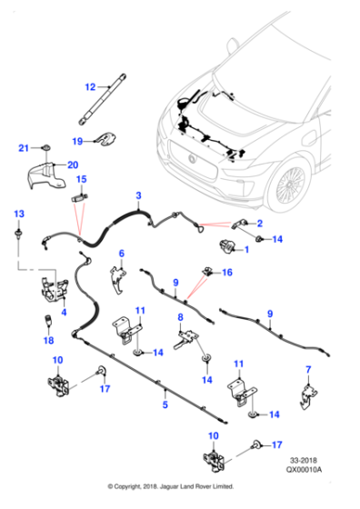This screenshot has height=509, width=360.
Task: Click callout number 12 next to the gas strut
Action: [90, 87]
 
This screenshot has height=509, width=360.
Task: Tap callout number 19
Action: [78, 141]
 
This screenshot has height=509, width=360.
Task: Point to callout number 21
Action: [24, 146]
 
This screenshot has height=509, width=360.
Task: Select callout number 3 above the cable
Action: [138, 195]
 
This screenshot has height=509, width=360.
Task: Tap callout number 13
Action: [16, 212]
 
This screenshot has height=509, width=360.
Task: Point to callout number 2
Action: [260, 224]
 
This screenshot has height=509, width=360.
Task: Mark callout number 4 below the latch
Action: [63, 314]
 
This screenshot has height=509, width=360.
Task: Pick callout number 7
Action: [307, 369]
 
